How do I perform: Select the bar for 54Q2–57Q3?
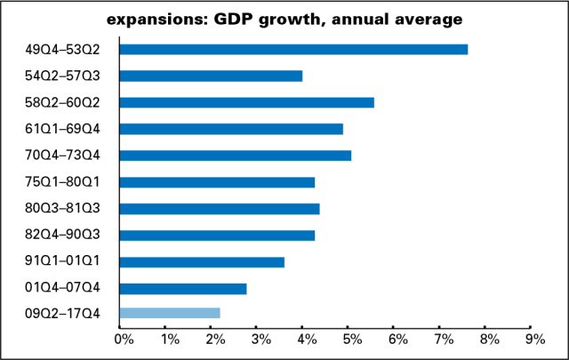[x=211, y=76]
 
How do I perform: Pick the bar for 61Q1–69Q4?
[x=231, y=129]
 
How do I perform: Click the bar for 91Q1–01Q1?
[x=202, y=262]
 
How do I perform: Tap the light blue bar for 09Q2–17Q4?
[x=169, y=313]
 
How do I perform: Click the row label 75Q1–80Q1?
[x=62, y=182]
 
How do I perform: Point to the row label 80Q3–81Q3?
[x=62, y=209]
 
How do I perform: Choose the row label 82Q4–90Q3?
[x=62, y=236]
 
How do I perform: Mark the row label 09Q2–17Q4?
[x=62, y=313]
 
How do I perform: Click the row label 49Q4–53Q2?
[x=62, y=49]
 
